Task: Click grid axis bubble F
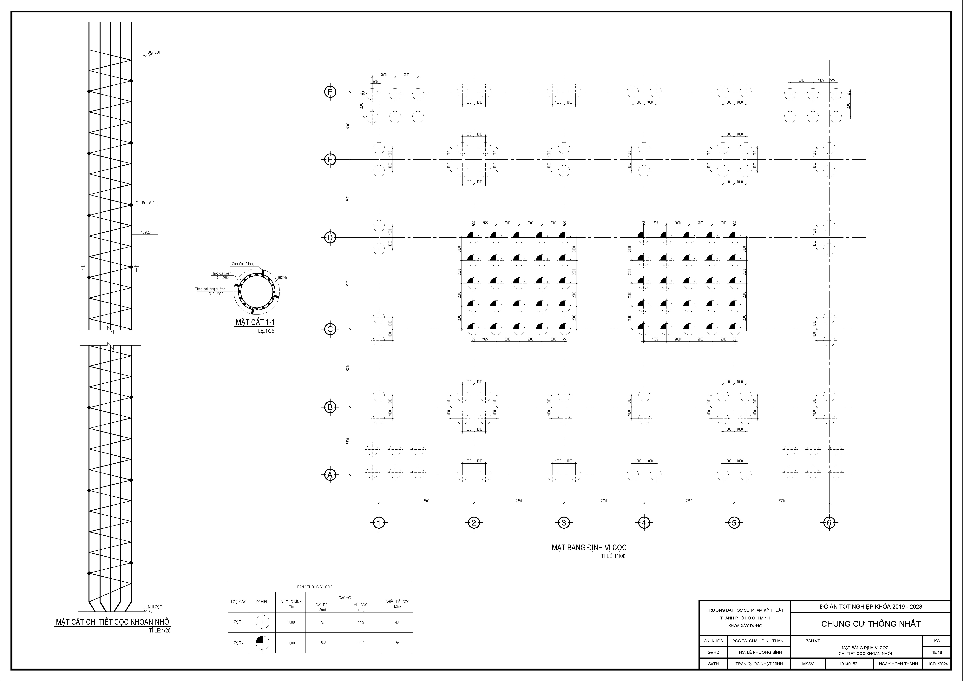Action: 330,91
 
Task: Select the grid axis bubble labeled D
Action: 330,238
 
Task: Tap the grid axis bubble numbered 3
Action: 563,523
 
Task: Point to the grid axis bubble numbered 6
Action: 829,523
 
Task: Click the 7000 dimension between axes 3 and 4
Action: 604,501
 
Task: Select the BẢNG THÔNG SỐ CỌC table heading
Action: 320,587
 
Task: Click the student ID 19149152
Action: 849,664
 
